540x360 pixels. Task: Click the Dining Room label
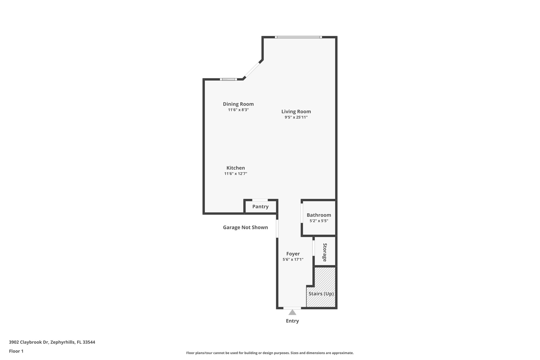click(238, 104)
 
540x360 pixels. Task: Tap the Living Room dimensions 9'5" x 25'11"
click(296, 117)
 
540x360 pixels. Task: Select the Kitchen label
click(235, 168)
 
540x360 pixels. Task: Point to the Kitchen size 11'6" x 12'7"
click(235, 174)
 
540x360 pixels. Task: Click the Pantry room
click(261, 207)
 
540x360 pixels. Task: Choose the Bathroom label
click(319, 215)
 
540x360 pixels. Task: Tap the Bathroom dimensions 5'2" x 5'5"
click(319, 221)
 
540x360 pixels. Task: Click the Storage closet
click(325, 252)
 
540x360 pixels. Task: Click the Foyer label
click(293, 254)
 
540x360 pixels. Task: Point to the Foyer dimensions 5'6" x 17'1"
click(293, 260)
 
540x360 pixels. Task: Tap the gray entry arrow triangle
click(292, 313)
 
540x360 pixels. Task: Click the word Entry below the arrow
click(292, 321)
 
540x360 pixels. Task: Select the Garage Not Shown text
click(245, 227)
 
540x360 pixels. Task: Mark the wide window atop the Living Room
click(298, 37)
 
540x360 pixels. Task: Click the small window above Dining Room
click(228, 79)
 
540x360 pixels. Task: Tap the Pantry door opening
click(260, 200)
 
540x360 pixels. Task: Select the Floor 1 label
click(16, 351)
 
